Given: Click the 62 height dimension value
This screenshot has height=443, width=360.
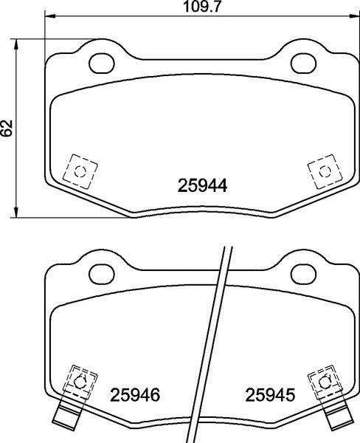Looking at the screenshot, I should pos(7,126).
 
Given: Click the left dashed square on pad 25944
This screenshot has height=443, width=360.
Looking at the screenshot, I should pos(79,171).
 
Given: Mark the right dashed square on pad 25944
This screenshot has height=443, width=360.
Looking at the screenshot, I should pos(322,171).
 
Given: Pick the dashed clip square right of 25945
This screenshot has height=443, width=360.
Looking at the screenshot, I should pos(322,381).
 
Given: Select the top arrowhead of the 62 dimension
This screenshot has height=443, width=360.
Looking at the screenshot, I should pos(18,42).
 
